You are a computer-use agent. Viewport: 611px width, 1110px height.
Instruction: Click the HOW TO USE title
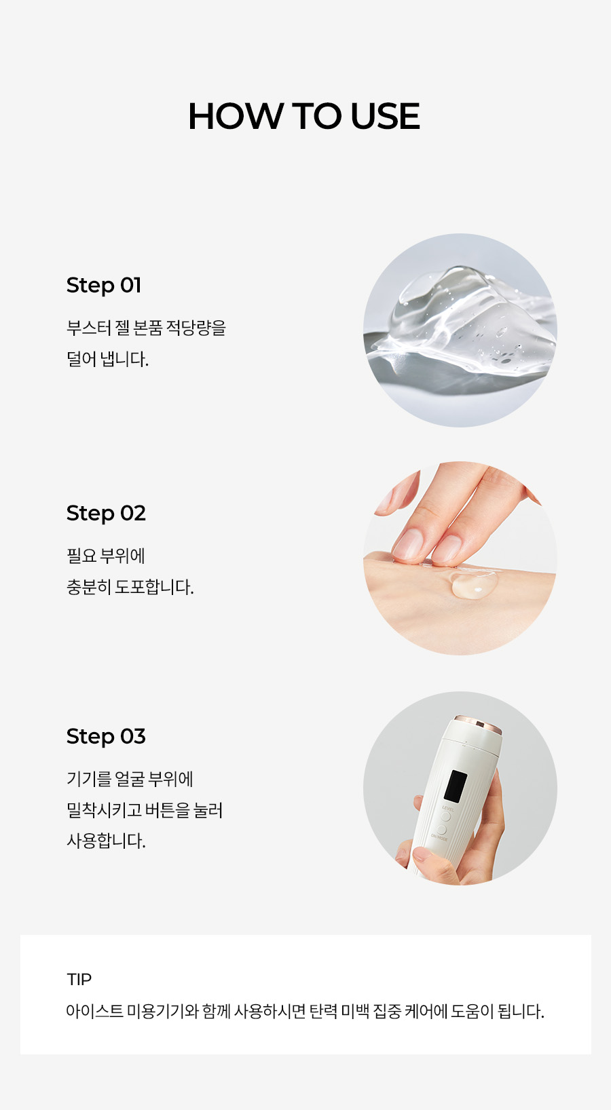point(304,117)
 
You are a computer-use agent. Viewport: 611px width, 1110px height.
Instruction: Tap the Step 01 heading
point(104,286)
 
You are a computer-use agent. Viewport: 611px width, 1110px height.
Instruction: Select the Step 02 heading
point(106,514)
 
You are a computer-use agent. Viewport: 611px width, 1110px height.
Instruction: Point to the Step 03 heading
point(106,736)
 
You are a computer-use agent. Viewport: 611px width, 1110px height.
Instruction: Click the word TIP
point(79,979)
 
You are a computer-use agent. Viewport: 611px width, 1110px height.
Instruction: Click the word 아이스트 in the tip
point(94,1011)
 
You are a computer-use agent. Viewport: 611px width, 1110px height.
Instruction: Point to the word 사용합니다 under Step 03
point(105,841)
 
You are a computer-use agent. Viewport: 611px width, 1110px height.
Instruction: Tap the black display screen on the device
point(455,786)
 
